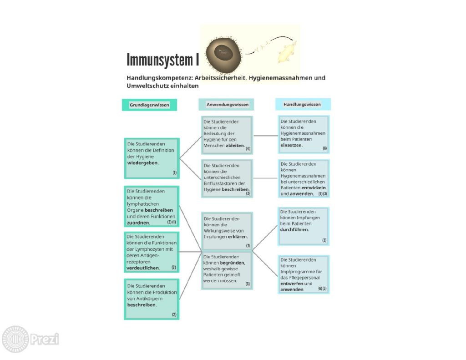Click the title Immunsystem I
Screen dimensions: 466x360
click(162, 60)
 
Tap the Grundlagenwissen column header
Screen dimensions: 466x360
click(149, 105)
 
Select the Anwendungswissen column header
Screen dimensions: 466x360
click(228, 105)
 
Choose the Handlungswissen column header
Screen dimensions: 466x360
click(302, 104)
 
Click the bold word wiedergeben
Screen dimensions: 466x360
click(142, 163)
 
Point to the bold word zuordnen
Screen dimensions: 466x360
click(138, 223)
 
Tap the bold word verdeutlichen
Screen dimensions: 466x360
click(143, 268)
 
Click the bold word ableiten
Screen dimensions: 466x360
click(235, 146)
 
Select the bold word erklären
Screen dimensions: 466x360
click(238, 237)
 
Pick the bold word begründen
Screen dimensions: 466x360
click(233, 263)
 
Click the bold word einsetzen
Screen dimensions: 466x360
click(292, 145)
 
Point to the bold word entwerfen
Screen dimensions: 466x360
click(292, 284)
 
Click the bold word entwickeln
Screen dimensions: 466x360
click(314, 188)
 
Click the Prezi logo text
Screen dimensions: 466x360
click(45, 339)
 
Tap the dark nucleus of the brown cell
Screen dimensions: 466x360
click(223, 53)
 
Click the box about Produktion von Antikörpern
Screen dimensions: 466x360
click(152, 299)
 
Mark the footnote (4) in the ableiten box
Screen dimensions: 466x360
click(248, 149)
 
